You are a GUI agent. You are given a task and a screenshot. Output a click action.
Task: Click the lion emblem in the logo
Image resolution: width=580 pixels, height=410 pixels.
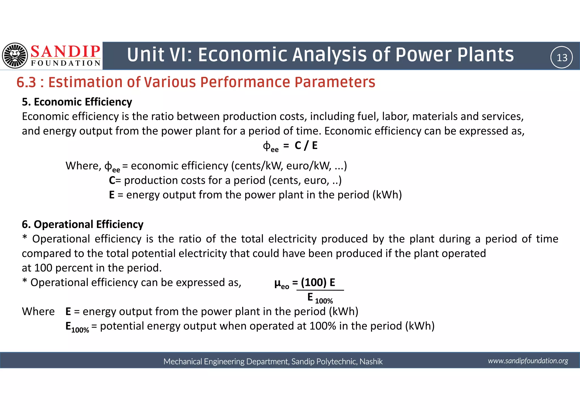coord(15,56)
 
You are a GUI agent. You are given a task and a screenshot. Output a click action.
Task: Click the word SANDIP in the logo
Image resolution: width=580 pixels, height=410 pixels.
coord(65,52)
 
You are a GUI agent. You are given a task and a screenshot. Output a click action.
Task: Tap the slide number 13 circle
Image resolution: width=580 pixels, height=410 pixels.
coord(562,58)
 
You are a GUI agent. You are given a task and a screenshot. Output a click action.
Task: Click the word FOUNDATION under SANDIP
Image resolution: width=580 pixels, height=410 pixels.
coord(66,63)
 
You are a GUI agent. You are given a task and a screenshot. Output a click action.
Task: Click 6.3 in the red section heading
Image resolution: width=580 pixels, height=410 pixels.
coord(26,82)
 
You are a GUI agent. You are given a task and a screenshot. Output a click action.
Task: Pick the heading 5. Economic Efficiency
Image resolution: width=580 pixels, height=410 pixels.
coord(77,102)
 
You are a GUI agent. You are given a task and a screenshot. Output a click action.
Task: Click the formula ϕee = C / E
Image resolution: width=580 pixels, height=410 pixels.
coord(290,146)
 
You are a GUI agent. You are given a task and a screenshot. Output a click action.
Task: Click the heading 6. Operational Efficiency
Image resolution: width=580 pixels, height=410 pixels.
coord(83,224)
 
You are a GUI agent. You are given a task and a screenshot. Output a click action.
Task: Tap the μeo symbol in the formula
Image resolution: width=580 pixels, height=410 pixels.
coord(282,284)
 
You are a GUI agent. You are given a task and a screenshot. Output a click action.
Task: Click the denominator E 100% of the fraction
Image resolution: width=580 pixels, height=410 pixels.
coord(320,298)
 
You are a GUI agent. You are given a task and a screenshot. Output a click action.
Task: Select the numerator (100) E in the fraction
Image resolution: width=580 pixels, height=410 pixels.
coord(318,282)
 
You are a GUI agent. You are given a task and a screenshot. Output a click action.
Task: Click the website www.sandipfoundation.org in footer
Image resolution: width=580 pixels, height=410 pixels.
coord(528,361)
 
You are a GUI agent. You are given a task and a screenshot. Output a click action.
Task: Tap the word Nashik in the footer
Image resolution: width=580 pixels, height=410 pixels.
coord(371,362)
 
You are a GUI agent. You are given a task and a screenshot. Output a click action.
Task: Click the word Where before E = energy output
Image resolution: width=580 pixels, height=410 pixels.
coord(38,312)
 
